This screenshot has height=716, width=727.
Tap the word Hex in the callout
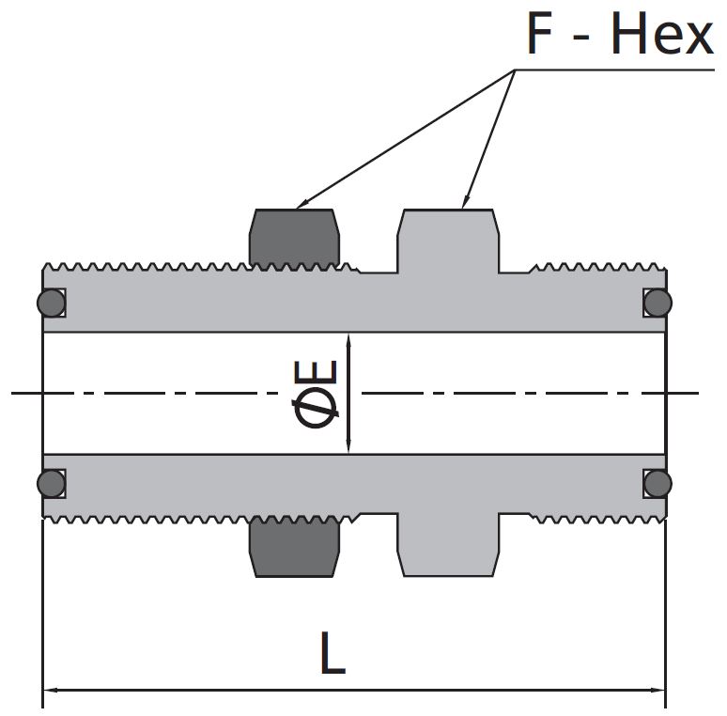tap(662, 34)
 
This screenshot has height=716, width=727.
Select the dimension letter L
tap(333, 652)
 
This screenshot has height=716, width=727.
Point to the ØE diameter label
tap(316, 394)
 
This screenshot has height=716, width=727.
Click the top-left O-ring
tap(51, 303)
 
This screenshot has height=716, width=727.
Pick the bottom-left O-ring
tap(51, 483)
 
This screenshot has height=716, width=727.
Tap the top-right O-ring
tap(657, 303)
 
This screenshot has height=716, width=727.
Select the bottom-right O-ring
tap(657, 483)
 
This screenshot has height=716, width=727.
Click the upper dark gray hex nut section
tap(294, 238)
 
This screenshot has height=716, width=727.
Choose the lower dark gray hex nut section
tap(294, 548)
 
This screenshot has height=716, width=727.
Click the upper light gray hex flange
tap(448, 241)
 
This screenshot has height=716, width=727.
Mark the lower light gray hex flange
tap(448, 545)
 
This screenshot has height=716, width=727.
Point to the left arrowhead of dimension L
tap(50, 690)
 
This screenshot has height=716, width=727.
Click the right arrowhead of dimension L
tap(657, 690)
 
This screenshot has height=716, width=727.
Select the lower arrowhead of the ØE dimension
tap(348, 446)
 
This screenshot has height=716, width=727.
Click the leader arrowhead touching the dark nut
tap(302, 205)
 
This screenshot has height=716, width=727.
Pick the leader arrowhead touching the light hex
tap(465, 202)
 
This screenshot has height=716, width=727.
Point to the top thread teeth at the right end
tap(598, 268)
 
